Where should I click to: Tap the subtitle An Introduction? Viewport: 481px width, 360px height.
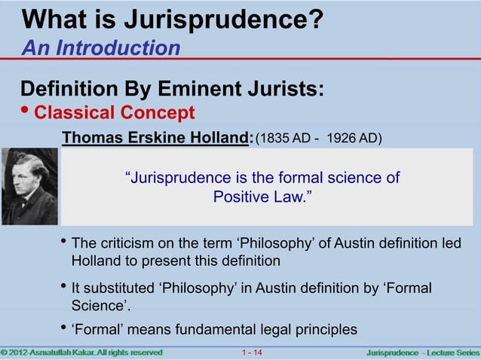[101, 48]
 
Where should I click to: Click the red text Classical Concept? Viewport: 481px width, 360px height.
[115, 113]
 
